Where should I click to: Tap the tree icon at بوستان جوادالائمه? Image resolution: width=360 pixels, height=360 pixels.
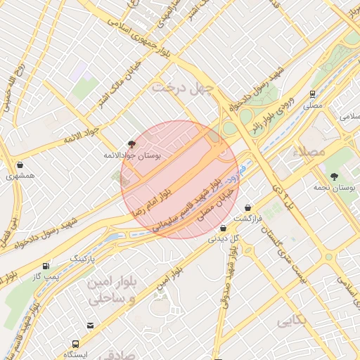[131, 143]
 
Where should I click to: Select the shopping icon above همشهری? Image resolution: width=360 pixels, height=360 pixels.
[19, 165]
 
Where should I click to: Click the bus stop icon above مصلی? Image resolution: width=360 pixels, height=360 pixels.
[312, 94]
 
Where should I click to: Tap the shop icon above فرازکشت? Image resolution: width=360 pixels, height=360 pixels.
[248, 208]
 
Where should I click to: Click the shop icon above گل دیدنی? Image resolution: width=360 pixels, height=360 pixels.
[223, 228]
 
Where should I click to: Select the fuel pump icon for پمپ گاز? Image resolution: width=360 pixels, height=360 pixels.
[46, 266]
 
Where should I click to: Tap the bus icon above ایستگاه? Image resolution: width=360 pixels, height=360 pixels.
[75, 344]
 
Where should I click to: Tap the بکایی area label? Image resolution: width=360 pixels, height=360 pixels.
[292, 321]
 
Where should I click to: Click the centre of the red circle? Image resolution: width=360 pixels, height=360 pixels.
[179, 179]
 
